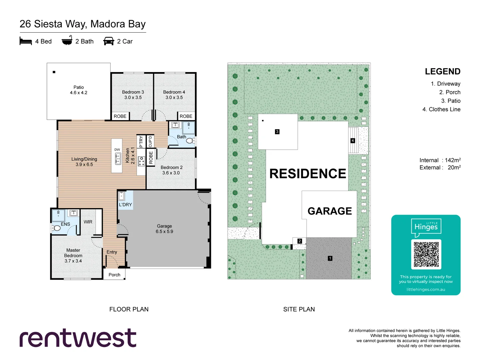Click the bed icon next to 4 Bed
click(26, 41)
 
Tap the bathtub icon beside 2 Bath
click(67, 40)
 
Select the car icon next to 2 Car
click(109, 41)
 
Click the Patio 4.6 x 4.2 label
click(79, 90)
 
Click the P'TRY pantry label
click(141, 141)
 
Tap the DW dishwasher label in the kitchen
click(117, 150)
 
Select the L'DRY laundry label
click(125, 205)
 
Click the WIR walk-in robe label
click(88, 222)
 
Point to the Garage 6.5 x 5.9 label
click(164, 229)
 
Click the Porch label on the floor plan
click(114, 275)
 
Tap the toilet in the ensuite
click(55, 228)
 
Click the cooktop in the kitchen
click(142, 161)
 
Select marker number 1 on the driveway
click(330, 258)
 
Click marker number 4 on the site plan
click(353, 141)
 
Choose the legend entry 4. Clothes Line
click(441, 109)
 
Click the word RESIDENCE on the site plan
click(308, 174)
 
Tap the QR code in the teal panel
click(426, 254)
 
